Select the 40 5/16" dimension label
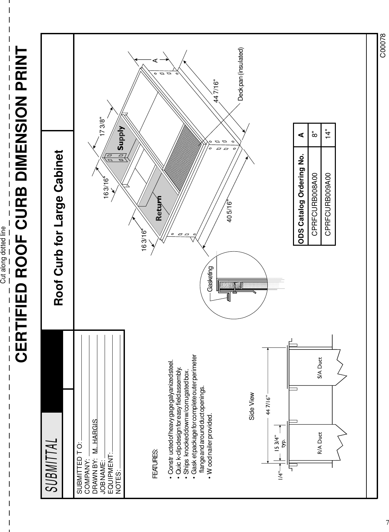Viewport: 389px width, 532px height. tap(230, 211)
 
